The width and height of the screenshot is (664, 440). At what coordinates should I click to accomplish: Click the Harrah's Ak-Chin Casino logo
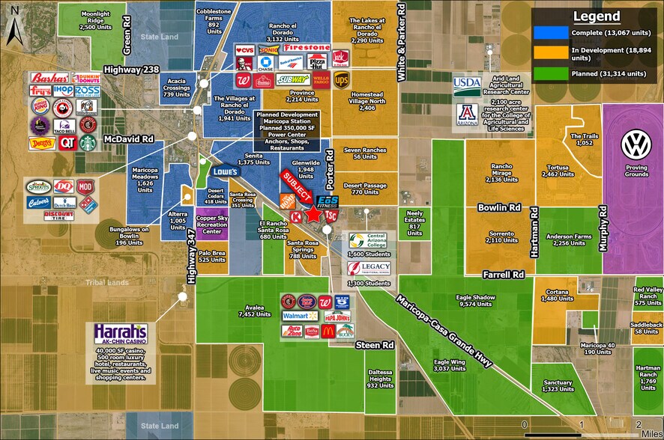pos(121,334)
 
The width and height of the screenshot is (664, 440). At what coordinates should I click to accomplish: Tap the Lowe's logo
pos(224,171)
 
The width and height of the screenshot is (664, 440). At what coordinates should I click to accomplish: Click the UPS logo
pos(342,79)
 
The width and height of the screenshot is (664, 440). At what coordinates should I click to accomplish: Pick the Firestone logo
pos(306,47)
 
